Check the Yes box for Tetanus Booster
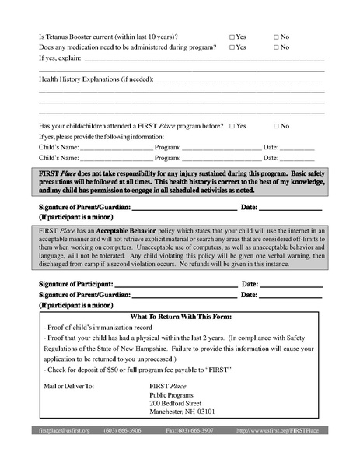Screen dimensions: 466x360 point(232,37)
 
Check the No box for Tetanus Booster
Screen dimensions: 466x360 point(276,37)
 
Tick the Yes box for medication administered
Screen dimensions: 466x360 point(232,47)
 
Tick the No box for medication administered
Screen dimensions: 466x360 point(276,47)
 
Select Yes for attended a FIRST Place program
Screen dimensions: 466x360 point(232,126)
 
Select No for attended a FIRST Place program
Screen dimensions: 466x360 point(276,126)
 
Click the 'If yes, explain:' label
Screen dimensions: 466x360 point(59,58)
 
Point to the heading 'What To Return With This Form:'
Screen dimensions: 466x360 point(180,317)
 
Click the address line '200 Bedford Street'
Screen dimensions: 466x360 point(175,404)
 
